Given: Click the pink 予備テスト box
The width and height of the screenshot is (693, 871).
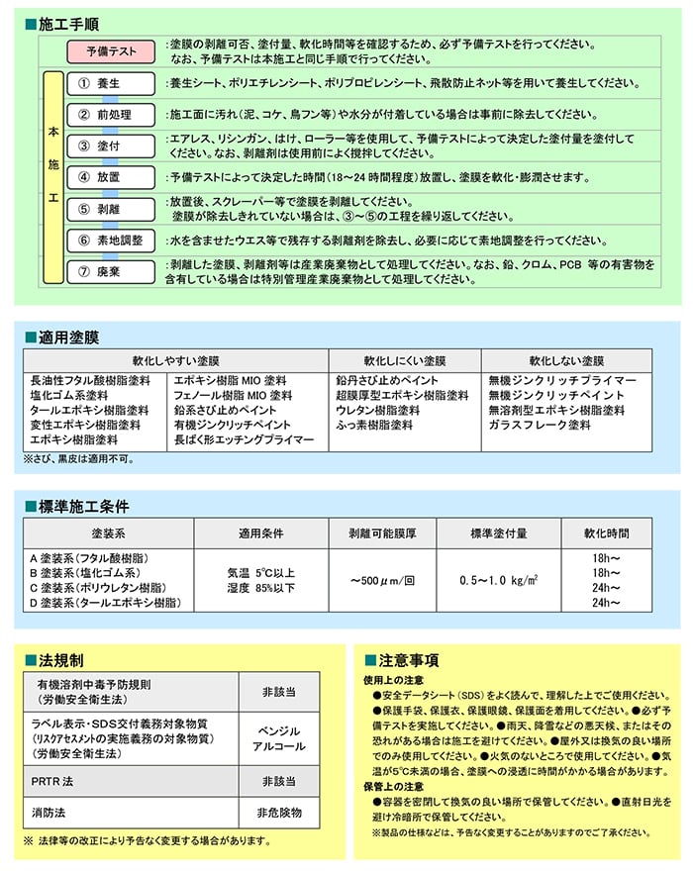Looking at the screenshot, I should coord(111,50).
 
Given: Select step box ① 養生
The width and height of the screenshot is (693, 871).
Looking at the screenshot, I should coord(110,84).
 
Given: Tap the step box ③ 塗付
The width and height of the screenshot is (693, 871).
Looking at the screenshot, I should coord(110,145).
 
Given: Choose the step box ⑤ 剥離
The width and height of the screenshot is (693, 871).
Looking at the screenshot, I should coord(110,208).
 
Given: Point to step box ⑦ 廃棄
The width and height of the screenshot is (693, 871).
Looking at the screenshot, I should coord(110,271).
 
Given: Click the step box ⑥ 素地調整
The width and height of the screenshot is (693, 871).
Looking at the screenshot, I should coord(110,240).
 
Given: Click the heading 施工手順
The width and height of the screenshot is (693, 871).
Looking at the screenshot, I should coord(69,20).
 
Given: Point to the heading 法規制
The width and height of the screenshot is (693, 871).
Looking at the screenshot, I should coord(61,659).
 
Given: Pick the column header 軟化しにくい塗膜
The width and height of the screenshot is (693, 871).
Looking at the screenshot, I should coord(404,360).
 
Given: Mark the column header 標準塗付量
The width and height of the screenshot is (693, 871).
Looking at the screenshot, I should coord(498,533).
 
